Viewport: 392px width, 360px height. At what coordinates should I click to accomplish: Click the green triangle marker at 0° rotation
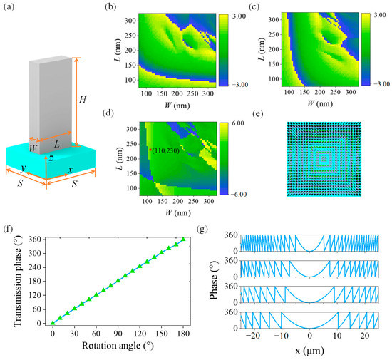(x=53, y=323)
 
